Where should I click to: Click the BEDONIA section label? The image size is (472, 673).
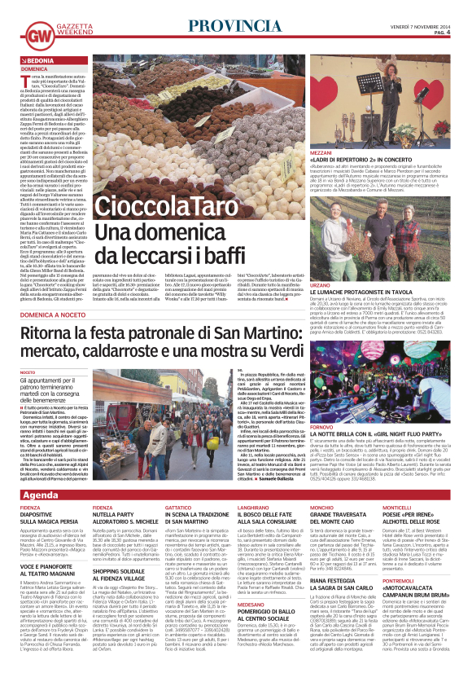point(39,61)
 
